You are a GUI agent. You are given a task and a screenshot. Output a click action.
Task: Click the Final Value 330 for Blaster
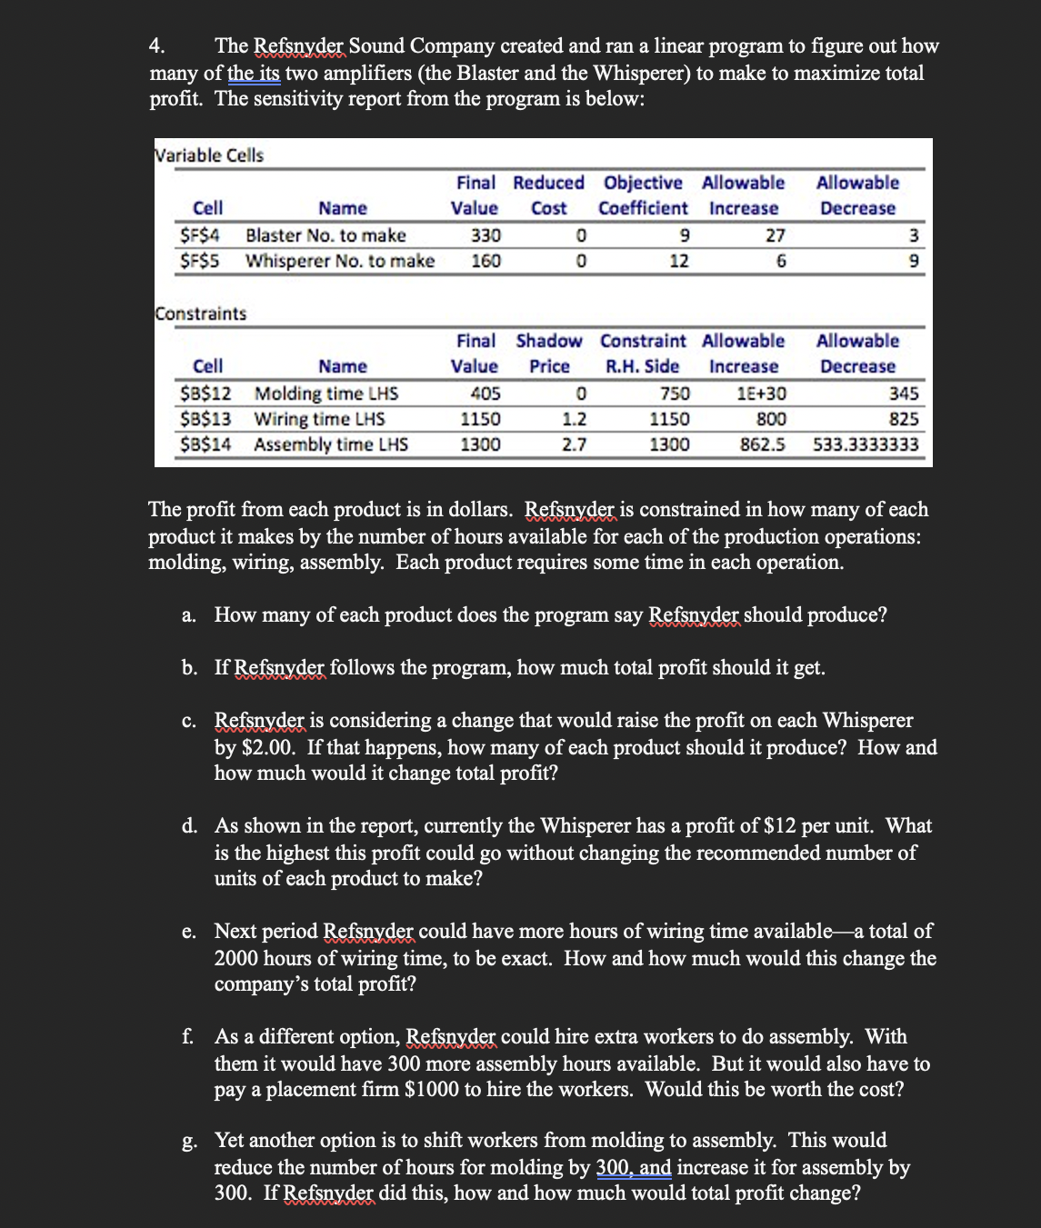click(x=485, y=235)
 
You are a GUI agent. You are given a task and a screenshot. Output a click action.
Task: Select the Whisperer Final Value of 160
click(x=485, y=261)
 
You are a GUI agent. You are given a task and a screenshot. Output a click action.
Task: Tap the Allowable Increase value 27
click(x=775, y=235)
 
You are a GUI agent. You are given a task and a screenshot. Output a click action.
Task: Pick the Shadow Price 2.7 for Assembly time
click(x=574, y=444)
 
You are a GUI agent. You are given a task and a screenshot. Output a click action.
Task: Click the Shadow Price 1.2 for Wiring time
click(x=574, y=419)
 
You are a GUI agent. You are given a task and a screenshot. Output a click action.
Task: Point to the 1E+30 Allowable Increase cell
click(x=761, y=394)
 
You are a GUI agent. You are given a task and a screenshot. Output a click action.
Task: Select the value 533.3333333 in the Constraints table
click(x=865, y=444)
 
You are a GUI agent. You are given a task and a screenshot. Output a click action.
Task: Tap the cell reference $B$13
click(x=205, y=419)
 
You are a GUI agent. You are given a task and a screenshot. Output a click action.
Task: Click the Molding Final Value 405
click(x=485, y=394)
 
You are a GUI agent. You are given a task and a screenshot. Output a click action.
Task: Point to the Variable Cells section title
click(x=210, y=155)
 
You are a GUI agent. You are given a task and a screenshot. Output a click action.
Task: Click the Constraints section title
click(x=201, y=314)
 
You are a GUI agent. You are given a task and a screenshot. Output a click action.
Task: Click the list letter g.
click(x=188, y=1142)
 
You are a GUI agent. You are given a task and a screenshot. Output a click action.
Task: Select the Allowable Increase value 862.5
click(x=763, y=444)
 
